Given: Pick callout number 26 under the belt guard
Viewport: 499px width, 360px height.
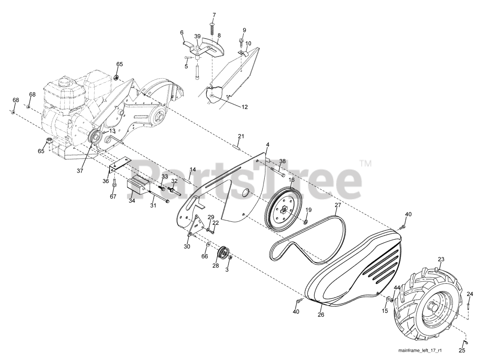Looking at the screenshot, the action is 321,315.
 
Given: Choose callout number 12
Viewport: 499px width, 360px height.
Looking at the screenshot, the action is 244,107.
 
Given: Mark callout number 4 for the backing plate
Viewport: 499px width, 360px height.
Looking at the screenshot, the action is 267,145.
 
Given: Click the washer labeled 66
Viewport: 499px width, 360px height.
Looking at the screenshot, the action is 208,244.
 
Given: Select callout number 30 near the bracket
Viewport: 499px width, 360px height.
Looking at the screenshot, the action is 187,246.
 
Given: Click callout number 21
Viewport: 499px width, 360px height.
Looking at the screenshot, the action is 241,136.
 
